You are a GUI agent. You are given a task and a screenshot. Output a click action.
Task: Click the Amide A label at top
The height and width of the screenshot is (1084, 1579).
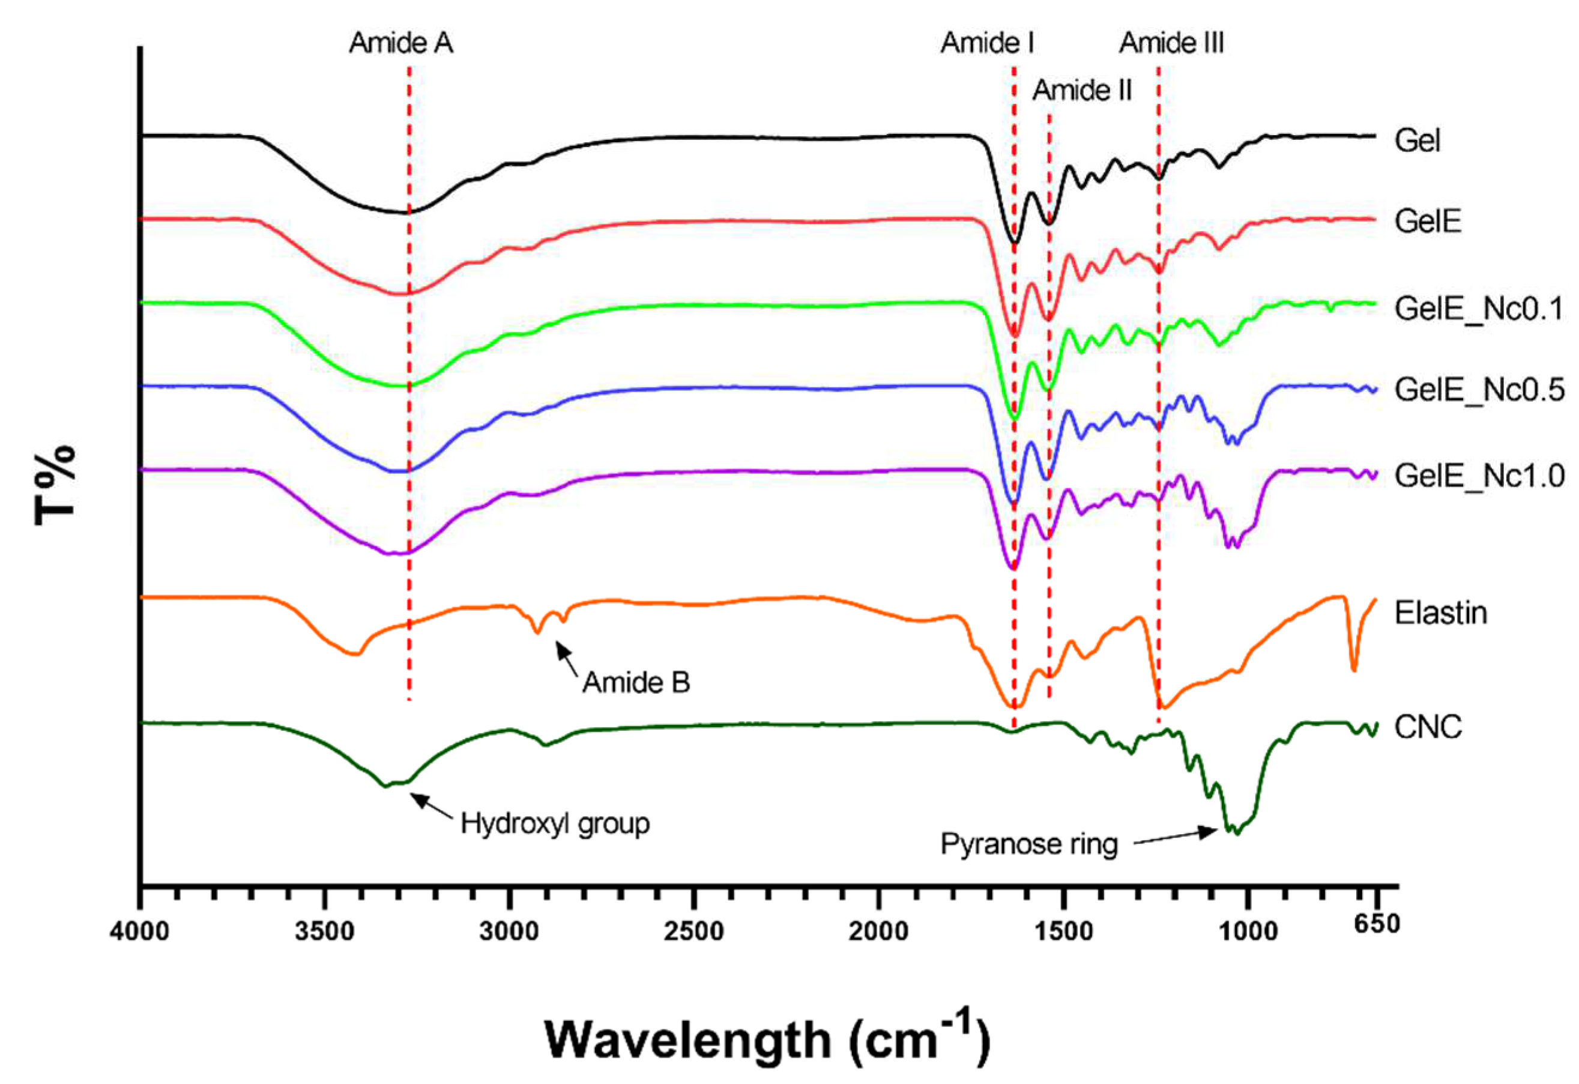pyautogui.click(x=400, y=43)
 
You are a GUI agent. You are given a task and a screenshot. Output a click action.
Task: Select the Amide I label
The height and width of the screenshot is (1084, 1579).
pyautogui.click(x=987, y=43)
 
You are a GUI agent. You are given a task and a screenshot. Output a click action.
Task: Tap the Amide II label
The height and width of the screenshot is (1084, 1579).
pyautogui.click(x=1082, y=91)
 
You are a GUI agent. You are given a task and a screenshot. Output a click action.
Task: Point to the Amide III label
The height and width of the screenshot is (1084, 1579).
pyautogui.click(x=1171, y=43)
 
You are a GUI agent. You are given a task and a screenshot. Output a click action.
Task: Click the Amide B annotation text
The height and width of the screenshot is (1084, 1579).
pyautogui.click(x=636, y=683)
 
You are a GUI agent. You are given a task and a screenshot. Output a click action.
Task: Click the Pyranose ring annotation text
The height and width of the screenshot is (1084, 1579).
pyautogui.click(x=1028, y=845)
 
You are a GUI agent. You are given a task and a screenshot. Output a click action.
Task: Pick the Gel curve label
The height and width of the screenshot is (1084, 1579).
pyautogui.click(x=1417, y=141)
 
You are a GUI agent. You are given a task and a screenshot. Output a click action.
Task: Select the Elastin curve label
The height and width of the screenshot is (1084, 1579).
pyautogui.click(x=1440, y=613)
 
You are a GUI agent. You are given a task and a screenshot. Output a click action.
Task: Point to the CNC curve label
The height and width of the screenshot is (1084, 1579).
pyautogui.click(x=1428, y=728)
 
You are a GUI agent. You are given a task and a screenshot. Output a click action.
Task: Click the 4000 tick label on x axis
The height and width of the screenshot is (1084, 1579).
pyautogui.click(x=140, y=930)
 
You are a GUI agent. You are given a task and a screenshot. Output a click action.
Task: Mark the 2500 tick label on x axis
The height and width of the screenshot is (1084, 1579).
pyautogui.click(x=693, y=930)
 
